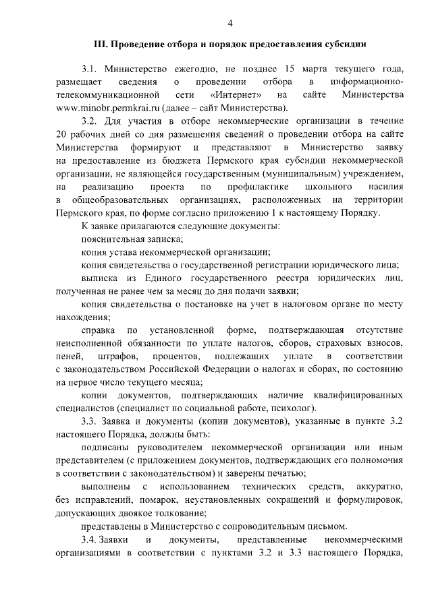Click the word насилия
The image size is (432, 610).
pos(385,187)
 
